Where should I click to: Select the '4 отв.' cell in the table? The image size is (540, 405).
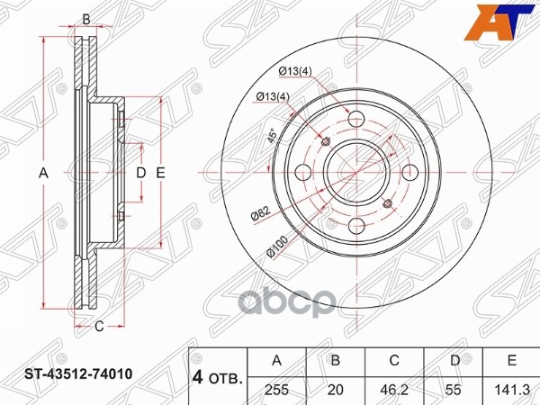point(217,378)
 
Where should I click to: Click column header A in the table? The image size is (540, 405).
point(276,360)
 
